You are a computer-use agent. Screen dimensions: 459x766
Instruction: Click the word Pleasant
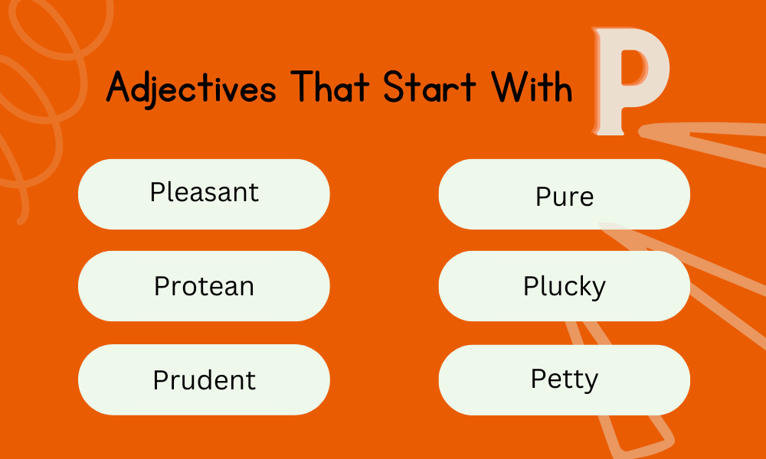pos(205,191)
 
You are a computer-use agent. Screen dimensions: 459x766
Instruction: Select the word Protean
pos(204,286)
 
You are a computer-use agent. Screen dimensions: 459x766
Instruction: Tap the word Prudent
pos(204,379)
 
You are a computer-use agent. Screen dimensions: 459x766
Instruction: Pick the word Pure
pos(565,197)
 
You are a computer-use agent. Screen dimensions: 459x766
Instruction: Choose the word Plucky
pos(565,287)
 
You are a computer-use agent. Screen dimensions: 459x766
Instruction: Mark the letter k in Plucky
pos(577,286)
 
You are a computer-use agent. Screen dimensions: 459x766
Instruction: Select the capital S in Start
pos(393,88)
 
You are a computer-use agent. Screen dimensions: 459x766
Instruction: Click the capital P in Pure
pos(542,197)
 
